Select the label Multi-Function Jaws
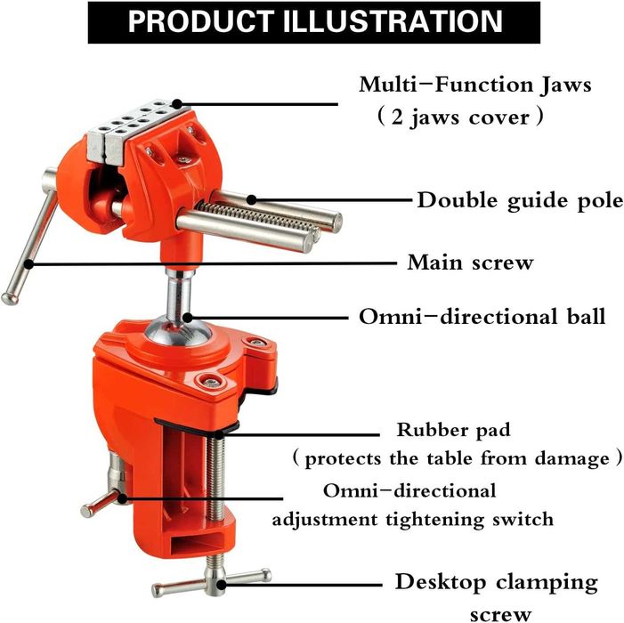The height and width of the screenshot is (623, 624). pyautogui.click(x=475, y=85)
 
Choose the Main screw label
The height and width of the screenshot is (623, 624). pyautogui.click(x=470, y=263)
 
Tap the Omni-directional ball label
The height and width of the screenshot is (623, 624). pyautogui.click(x=482, y=316)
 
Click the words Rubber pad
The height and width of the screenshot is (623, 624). pyautogui.click(x=454, y=430)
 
